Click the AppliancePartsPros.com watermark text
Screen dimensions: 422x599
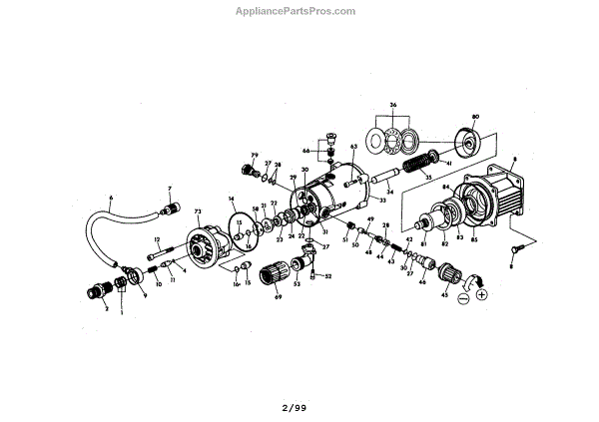click(299, 11)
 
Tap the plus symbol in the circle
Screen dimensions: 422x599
click(482, 294)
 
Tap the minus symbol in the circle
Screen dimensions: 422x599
click(461, 296)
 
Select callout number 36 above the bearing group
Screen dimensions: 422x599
click(392, 105)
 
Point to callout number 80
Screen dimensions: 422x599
click(475, 118)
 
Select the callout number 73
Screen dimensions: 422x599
click(198, 211)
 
